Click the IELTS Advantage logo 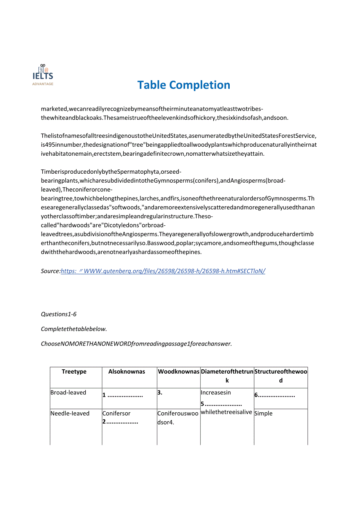(x=43, y=75)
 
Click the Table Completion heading (x=184, y=85)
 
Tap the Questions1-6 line (x=59, y=314)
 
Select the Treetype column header (x=74, y=372)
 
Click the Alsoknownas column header (x=127, y=372)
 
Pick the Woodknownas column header (x=178, y=372)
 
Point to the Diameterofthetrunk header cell (x=227, y=376)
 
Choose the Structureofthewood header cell (x=281, y=376)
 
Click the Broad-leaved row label (x=68, y=392)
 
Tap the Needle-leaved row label (x=70, y=414)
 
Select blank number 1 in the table (x=123, y=395)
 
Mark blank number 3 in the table (x=159, y=393)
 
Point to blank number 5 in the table (x=221, y=404)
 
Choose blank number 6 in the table (x=275, y=395)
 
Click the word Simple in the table (x=263, y=414)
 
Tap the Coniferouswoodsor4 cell (x=178, y=418)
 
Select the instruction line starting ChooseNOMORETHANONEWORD (x=136, y=344)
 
